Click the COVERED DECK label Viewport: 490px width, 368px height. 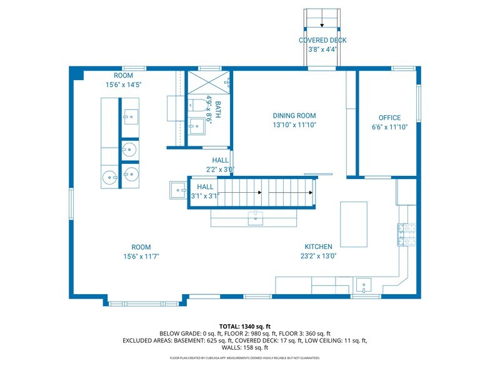coord(322,41)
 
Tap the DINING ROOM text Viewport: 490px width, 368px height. coord(294,115)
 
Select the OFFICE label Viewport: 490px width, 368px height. coord(389,118)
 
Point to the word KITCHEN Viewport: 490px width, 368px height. coord(318,247)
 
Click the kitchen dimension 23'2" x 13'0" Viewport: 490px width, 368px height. coord(318,256)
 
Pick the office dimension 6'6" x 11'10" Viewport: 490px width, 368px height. coord(389,127)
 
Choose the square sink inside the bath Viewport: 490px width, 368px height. coord(196,126)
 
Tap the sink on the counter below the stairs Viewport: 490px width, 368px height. coord(255,218)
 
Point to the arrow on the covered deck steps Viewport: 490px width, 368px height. coord(322,25)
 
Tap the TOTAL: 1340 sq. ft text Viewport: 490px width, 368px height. coord(245,326)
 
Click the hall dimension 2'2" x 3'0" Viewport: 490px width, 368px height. coord(220,170)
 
